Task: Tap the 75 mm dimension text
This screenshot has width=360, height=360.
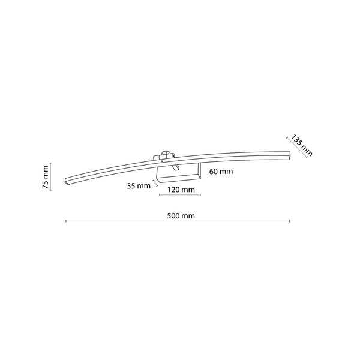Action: (46, 176)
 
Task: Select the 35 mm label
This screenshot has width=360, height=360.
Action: (139, 185)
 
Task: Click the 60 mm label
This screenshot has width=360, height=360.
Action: (221, 172)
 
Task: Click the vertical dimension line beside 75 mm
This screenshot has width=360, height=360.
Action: (52, 176)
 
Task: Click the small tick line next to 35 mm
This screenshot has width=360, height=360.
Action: (155, 181)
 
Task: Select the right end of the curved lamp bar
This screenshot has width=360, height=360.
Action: (287, 155)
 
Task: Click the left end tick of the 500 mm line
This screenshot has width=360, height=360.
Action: (65, 222)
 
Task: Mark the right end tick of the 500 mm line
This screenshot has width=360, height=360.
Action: (290, 222)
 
